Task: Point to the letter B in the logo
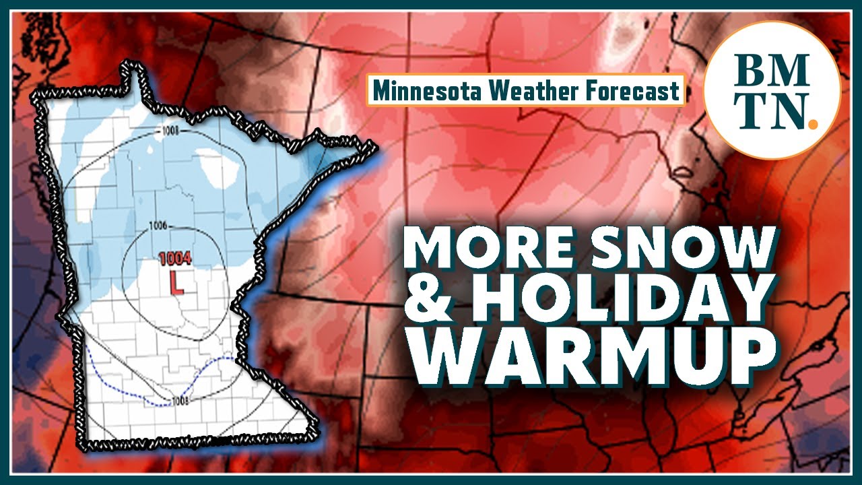pos(753,70)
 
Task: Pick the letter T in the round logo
pos(752,112)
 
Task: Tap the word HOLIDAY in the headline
pos(620,302)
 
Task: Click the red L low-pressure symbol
pos(177,282)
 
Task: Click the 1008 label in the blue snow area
pos(169,131)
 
